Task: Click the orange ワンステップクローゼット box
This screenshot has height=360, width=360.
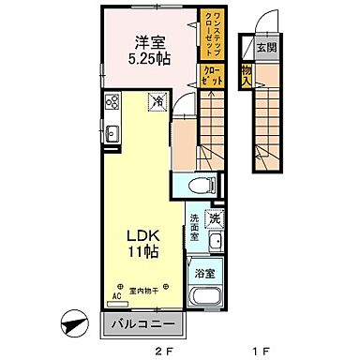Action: coord(212,32)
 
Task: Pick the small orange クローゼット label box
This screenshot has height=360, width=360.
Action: coord(212,76)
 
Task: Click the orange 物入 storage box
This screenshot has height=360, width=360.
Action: coord(246,76)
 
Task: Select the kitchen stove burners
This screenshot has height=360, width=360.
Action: coord(111,103)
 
